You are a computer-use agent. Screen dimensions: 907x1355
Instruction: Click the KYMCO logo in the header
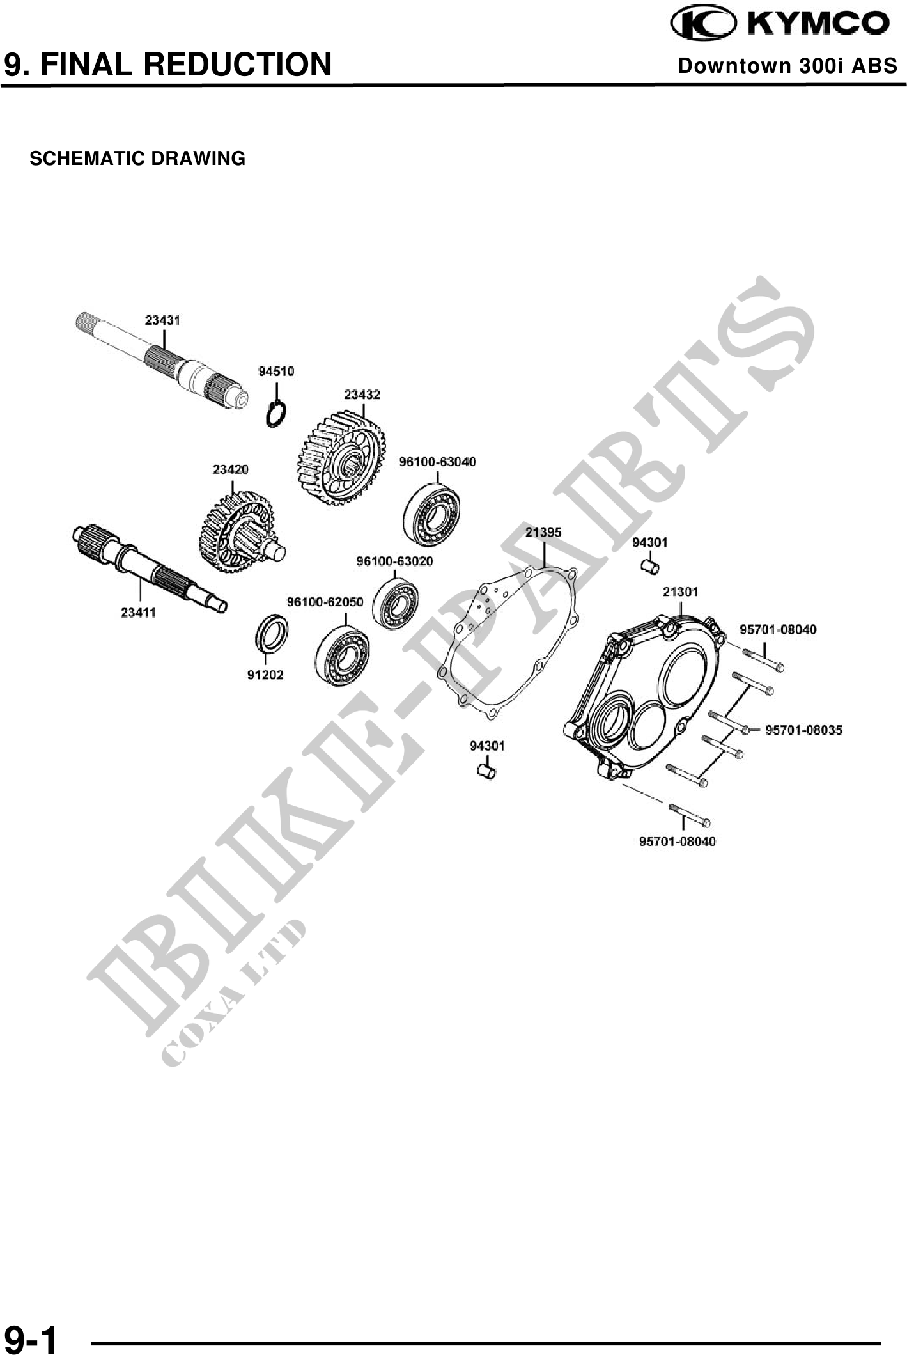(779, 24)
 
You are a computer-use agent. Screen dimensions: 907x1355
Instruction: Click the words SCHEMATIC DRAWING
(137, 159)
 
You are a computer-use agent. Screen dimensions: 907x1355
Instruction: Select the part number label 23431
(162, 320)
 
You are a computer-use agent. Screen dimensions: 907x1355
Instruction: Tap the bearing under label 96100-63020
(396, 603)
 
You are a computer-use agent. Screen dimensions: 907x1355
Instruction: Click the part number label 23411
(138, 613)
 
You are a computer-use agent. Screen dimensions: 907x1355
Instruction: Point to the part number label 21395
(543, 531)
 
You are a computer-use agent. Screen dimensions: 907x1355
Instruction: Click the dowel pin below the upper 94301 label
(650, 566)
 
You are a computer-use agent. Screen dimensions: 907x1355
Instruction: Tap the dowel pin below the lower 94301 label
(487, 771)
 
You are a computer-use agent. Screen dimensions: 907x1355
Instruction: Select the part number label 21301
(680, 591)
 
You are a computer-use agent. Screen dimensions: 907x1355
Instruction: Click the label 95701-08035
(803, 730)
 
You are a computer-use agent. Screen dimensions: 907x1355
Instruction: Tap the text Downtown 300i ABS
(787, 66)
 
